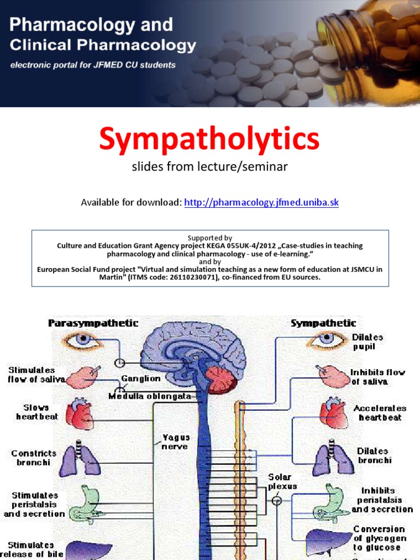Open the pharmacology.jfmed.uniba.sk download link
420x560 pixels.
261,203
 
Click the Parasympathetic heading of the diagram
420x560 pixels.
94,323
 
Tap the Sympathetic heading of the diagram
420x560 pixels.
323,323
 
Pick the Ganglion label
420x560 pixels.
141,378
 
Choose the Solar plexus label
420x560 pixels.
282,481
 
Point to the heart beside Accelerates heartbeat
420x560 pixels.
334,414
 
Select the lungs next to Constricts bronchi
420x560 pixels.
80,460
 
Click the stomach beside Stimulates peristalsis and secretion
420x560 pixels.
85,504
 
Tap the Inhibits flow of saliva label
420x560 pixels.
377,377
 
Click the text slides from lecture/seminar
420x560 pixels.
209,167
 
